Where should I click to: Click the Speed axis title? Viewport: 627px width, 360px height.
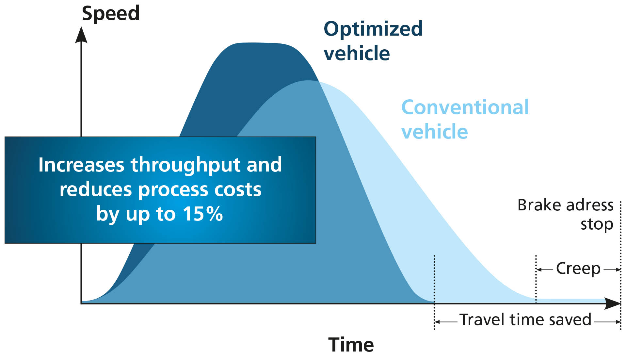tap(111, 14)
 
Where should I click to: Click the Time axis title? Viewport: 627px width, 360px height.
tap(351, 345)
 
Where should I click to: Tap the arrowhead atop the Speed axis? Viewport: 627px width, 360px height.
tap(81, 35)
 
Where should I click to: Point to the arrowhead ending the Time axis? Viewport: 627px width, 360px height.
tap(613, 303)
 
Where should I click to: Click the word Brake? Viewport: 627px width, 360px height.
tap(539, 205)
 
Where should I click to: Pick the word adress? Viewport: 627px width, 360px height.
tap(590, 205)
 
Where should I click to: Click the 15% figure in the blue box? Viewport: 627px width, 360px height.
tap(202, 214)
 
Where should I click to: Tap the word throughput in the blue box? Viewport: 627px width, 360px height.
tap(185, 165)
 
